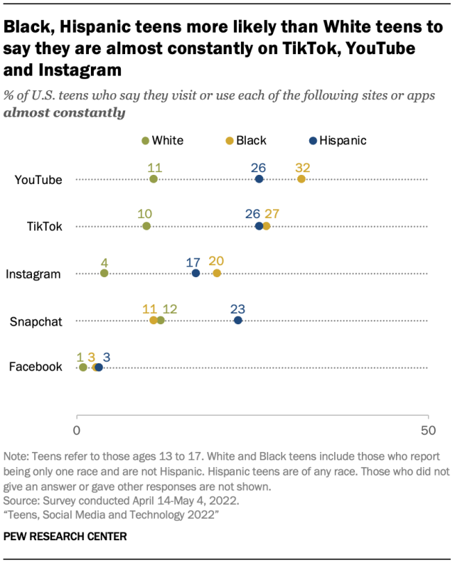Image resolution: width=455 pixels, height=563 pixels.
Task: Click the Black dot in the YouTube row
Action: [301, 179]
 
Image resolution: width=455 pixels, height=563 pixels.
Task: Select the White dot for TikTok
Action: [146, 226]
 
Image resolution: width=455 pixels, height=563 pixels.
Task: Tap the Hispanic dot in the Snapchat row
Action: [238, 321]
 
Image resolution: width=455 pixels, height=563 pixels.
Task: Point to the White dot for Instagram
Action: [104, 273]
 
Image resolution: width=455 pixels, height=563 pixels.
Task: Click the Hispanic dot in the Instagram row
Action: [196, 273]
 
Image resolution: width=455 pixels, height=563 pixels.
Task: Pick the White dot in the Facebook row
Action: [83, 368]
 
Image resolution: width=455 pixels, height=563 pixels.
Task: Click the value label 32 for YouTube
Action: [303, 168]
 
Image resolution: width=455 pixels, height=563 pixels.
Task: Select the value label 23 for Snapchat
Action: [238, 309]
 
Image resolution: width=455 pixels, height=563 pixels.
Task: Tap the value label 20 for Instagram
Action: [217, 262]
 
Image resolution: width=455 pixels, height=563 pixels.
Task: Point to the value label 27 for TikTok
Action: [272, 215]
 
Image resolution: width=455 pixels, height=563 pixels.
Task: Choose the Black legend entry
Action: [247, 140]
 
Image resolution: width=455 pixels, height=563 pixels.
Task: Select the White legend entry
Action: [163, 140]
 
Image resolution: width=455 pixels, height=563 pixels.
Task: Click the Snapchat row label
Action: [36, 321]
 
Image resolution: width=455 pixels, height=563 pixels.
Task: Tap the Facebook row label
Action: [36, 368]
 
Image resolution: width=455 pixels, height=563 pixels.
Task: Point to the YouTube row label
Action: [38, 180]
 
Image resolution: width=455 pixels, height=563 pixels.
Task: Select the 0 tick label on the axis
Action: [77, 430]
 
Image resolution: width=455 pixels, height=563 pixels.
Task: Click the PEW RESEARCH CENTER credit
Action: [65, 536]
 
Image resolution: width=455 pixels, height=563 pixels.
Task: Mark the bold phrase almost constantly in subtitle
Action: [65, 112]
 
